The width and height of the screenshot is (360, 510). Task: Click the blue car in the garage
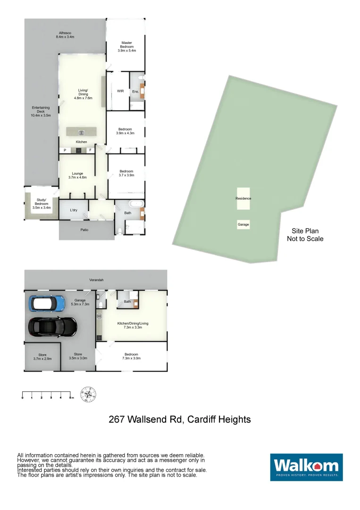point(47,303)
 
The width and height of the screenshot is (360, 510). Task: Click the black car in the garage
point(52,326)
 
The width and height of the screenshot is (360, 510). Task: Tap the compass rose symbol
point(89,394)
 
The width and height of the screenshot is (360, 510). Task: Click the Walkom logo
point(306,467)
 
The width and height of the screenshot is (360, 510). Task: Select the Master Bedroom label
point(126,47)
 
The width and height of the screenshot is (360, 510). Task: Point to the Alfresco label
point(65,34)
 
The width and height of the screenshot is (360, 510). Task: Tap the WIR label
point(120,91)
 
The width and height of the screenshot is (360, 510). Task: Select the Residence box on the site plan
point(243,198)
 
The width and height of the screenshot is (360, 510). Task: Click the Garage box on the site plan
point(243,225)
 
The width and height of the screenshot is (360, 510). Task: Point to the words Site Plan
point(305,231)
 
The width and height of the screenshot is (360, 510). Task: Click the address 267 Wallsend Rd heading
point(180,419)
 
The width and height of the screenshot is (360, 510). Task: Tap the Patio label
point(84,230)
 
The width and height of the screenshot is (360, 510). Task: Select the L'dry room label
point(74,210)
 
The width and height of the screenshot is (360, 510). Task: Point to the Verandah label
point(96,280)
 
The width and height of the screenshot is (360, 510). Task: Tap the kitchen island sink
point(81,133)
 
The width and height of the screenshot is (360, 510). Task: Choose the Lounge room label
point(77,175)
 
